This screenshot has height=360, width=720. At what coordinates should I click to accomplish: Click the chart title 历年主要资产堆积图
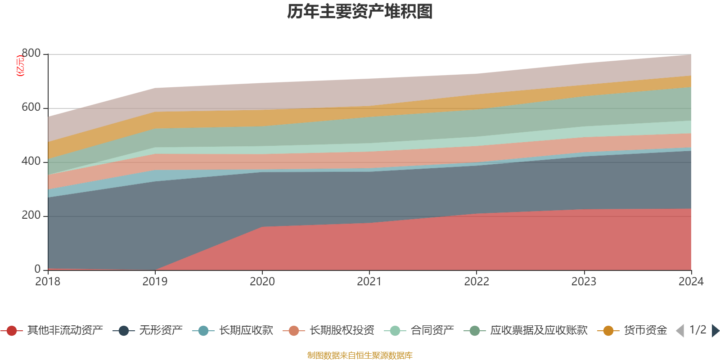[360, 12]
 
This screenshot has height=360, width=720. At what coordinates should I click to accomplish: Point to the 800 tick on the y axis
[31, 54]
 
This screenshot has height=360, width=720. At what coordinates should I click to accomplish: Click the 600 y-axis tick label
[31, 108]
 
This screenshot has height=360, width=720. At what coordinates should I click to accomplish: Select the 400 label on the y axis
[31, 162]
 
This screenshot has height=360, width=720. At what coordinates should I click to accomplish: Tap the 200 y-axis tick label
[31, 216]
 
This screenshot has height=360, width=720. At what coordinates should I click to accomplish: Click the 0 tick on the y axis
[37, 270]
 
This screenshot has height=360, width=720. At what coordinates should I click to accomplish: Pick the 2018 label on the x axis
[48, 282]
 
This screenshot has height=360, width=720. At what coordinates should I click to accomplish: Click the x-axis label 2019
[155, 282]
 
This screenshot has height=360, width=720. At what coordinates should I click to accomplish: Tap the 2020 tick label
[262, 282]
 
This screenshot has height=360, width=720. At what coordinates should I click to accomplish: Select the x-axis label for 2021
[369, 282]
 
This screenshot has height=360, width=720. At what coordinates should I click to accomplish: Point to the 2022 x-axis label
[477, 282]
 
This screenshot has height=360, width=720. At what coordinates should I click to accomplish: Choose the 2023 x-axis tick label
[584, 282]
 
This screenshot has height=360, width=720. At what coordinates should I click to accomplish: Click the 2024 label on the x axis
[691, 282]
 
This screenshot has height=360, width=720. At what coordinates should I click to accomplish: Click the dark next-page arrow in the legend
[715, 331]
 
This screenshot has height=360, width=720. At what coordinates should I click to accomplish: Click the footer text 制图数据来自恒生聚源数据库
[360, 355]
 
